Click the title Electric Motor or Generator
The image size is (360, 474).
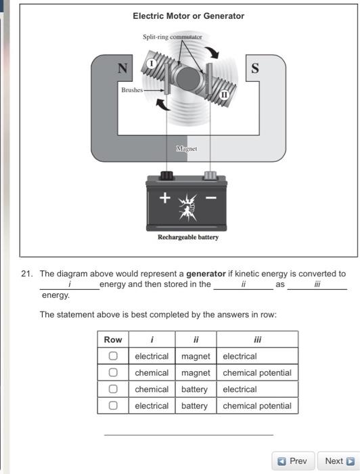188,16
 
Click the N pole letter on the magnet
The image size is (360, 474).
122,68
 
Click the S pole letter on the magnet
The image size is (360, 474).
254,68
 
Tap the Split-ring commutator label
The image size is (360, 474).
172,37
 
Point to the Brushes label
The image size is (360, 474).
133,89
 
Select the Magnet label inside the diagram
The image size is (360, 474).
185,148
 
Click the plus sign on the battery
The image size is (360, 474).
164,198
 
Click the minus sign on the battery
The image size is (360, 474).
210,198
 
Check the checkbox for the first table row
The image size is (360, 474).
113,356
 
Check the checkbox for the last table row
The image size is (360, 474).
113,406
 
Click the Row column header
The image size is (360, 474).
113,339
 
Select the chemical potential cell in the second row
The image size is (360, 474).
256,372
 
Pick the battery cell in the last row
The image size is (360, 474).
194,406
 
